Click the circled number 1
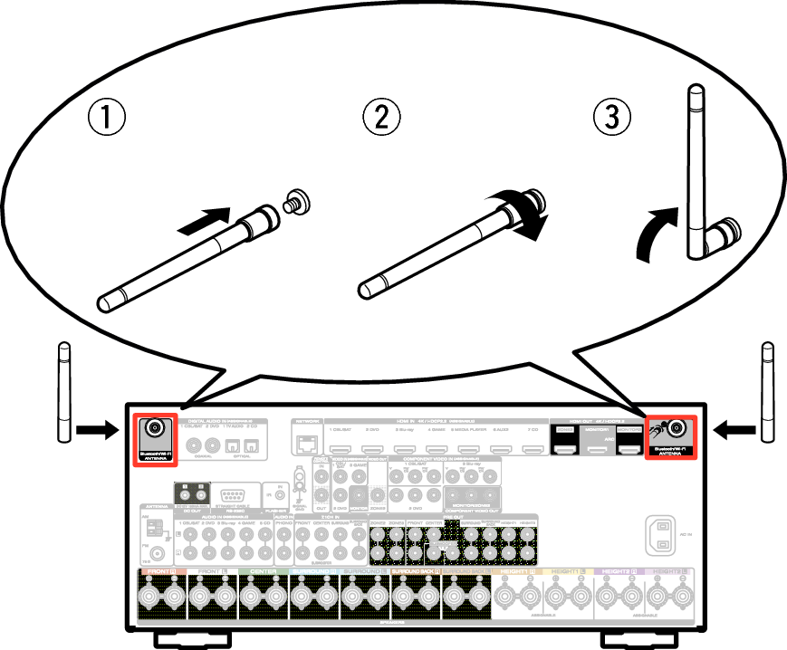107,118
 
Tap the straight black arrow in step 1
201,221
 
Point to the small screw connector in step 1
294,200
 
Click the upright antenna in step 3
697,172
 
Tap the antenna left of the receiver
63,391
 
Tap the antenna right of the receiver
768,391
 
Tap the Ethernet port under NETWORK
304,444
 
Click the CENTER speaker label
264,572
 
